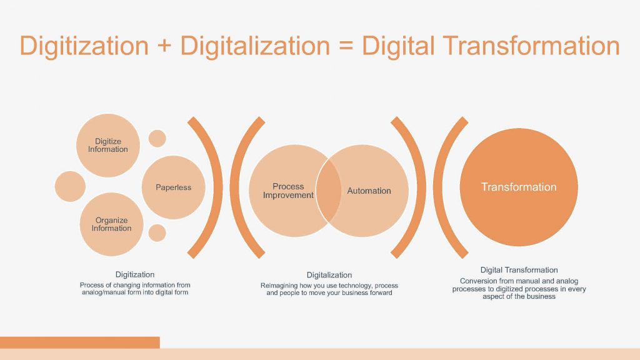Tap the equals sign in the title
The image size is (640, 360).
coord(345,46)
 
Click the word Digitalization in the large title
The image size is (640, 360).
coord(255,46)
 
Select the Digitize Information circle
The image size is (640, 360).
coord(108,145)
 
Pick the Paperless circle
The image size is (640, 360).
coord(174,187)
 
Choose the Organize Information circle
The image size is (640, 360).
coord(111,224)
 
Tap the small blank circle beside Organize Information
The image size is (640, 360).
coord(157,232)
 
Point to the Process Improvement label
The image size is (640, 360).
coord(288,191)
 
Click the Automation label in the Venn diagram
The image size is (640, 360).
coord(369,191)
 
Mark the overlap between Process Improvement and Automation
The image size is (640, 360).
coord(329,191)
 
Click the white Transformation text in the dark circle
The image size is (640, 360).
coord(519,187)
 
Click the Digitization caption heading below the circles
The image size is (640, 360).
coord(135,274)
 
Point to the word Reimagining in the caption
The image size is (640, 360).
coord(279,285)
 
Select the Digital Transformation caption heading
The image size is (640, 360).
coord(519,270)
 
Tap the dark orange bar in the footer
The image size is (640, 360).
coord(80,342)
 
